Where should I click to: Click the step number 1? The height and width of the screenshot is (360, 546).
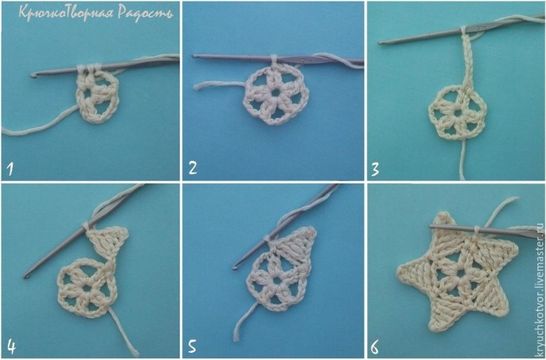10,169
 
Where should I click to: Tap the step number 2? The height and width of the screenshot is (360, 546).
192,168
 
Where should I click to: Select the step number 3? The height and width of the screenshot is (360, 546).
375,169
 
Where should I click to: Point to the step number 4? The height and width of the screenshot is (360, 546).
12,347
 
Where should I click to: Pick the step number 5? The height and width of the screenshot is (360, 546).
192,347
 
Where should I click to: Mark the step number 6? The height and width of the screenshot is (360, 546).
374,347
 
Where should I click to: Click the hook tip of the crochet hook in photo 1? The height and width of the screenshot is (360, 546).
32,75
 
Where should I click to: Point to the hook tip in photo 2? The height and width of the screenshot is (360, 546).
195,55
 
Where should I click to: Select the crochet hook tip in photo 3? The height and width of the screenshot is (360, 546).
381,43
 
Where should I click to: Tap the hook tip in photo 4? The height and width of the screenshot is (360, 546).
26,276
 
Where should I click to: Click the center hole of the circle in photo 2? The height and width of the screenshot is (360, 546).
275,93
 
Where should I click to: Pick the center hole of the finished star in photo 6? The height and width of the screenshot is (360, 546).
461,274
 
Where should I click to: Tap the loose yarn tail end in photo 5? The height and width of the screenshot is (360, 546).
237,338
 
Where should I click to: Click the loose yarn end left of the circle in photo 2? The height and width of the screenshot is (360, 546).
196,87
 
